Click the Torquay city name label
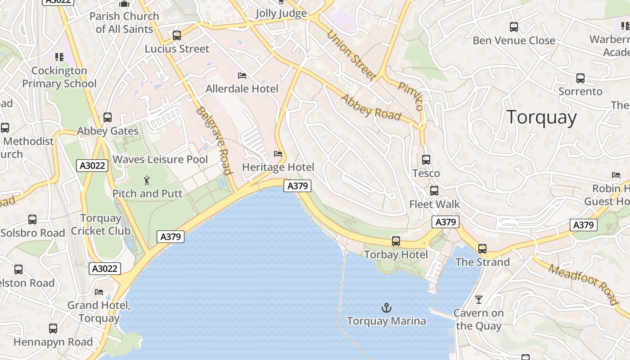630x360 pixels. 541,117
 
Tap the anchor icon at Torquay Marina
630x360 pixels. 387,308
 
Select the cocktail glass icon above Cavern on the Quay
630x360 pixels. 479,299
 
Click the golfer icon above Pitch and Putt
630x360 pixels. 147,181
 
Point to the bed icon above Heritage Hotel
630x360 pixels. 278,154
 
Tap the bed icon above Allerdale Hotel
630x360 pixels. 242,76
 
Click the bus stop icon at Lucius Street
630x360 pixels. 177,36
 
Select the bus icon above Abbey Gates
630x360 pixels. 108,117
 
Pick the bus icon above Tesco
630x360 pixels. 426,160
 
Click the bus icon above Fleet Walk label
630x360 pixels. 434,191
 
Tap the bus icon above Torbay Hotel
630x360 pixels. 396,241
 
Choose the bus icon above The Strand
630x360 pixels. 482,248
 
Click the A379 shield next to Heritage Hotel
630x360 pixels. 297,186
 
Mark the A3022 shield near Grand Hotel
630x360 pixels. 105,269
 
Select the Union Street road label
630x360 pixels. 351,55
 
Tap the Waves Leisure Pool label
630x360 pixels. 160,159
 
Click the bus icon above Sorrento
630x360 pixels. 580,78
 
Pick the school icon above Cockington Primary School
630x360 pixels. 59,57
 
